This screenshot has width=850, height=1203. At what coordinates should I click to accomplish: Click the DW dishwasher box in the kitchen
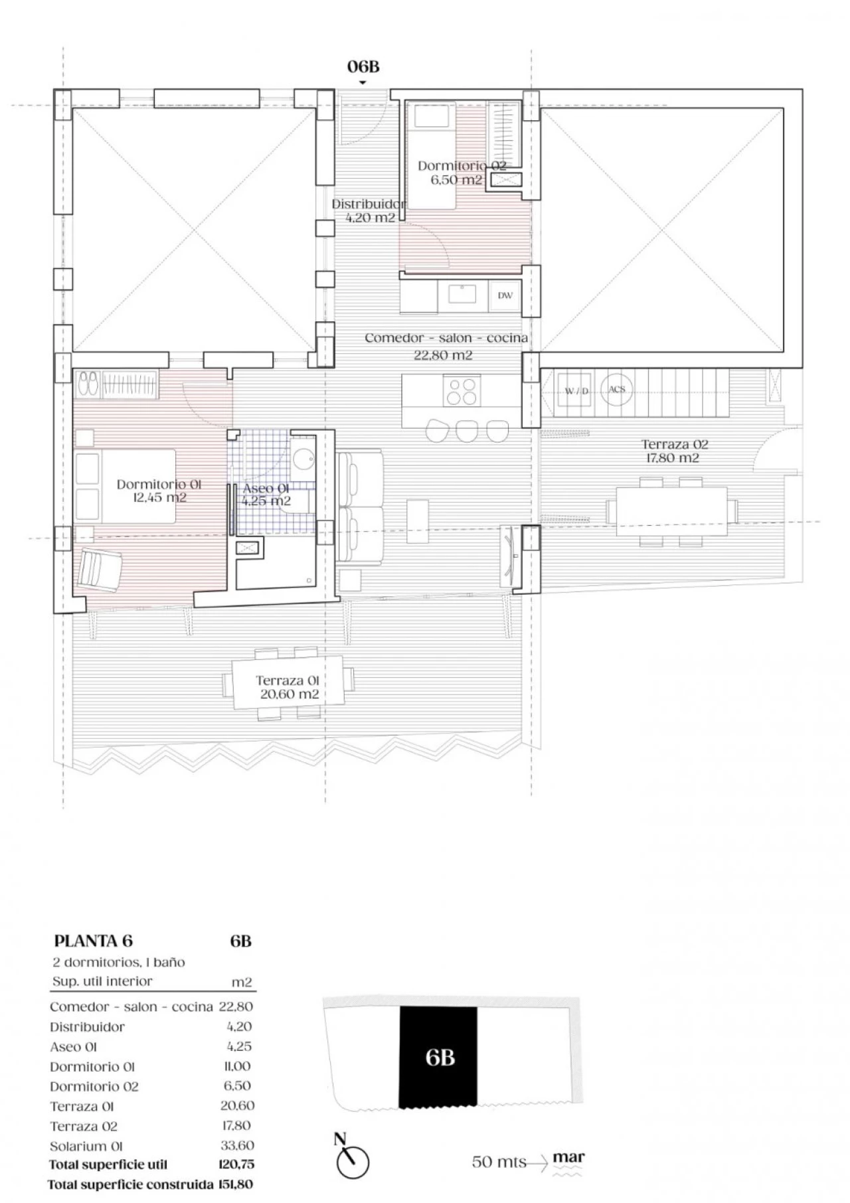tap(505, 295)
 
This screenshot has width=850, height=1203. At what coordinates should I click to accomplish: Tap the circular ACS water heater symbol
tap(617, 389)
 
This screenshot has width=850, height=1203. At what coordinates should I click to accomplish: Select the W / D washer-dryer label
tap(576, 391)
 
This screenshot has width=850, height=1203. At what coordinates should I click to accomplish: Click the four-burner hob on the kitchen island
tap(463, 390)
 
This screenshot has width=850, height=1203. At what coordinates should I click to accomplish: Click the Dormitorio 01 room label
tap(159, 491)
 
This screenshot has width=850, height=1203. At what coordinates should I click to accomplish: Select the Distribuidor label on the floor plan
tap(369, 210)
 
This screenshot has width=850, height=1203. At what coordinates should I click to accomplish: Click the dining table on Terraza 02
tap(672, 511)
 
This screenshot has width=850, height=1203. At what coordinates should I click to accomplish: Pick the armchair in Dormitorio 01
tap(100, 569)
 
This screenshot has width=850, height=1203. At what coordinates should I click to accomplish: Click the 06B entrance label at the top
tap(363, 66)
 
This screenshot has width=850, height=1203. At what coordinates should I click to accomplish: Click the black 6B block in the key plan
tap(438, 1056)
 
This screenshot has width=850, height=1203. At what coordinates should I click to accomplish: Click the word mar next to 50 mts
tap(568, 1158)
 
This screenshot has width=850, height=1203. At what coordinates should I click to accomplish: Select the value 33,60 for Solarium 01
tap(237, 1145)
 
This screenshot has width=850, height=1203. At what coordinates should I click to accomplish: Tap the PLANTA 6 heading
tap(93, 941)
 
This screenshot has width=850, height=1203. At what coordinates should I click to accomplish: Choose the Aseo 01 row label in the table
tap(74, 1047)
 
